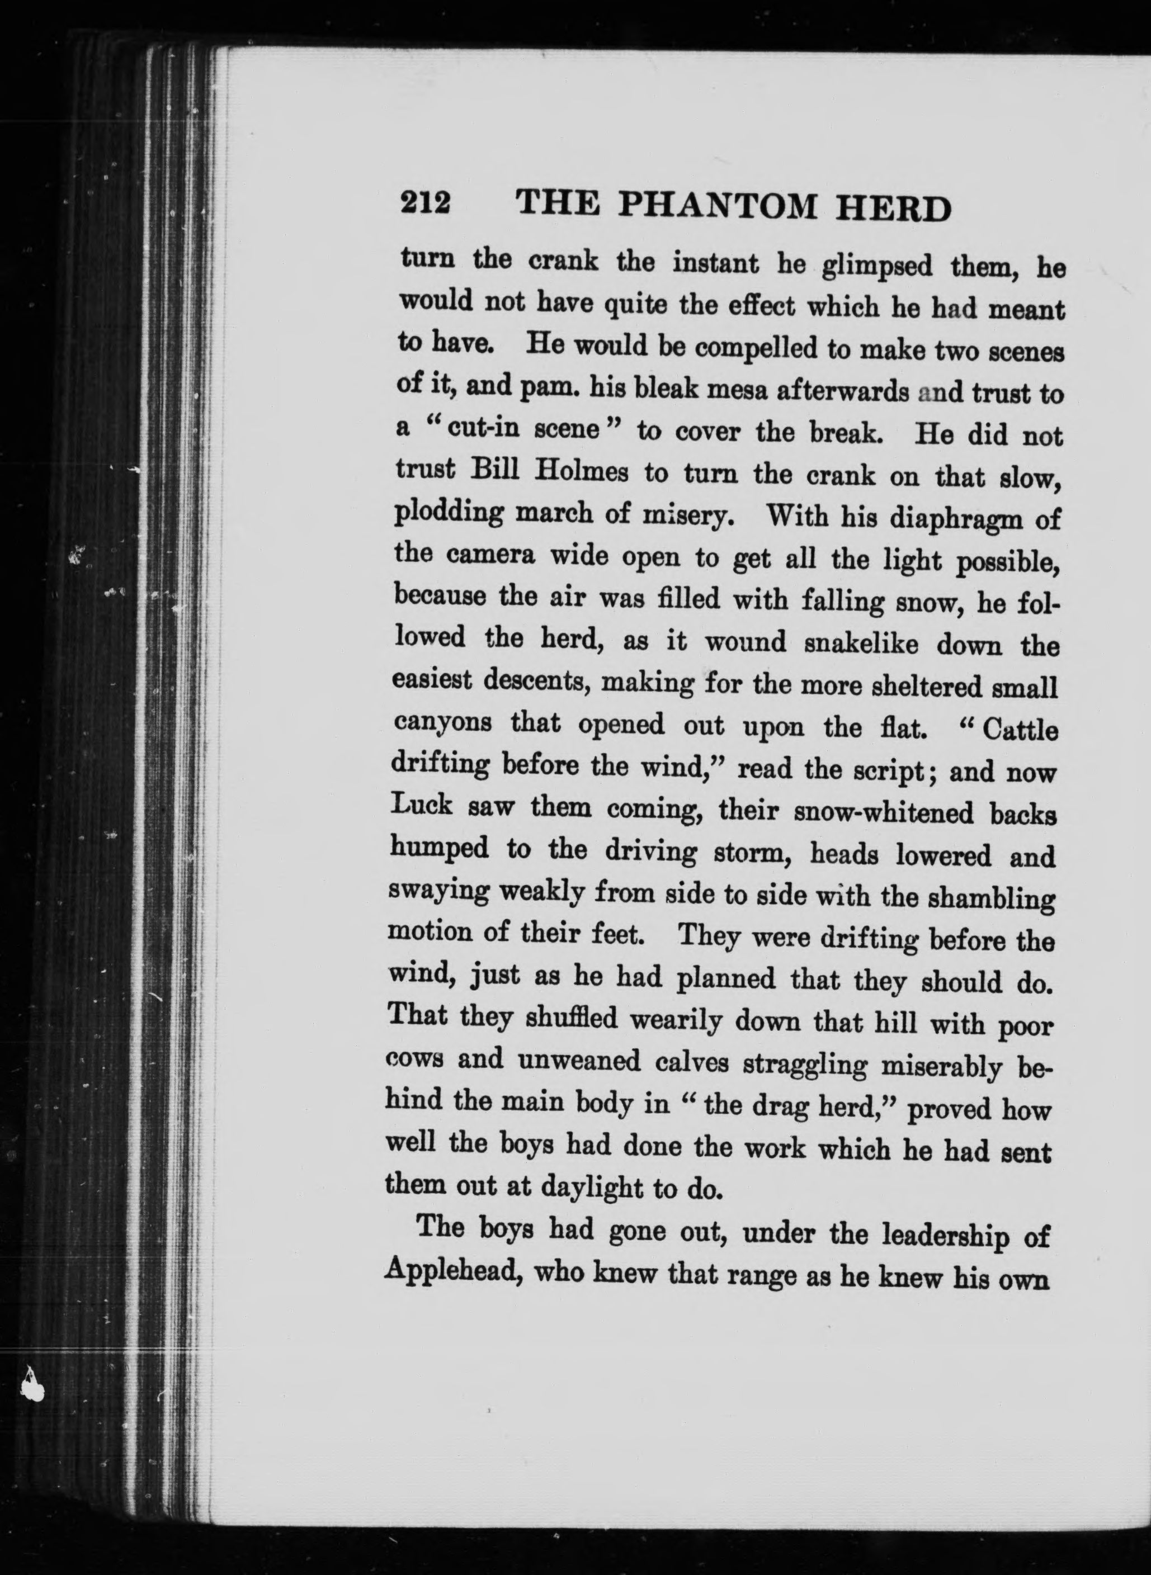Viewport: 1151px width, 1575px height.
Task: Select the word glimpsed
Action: (x=876, y=267)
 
